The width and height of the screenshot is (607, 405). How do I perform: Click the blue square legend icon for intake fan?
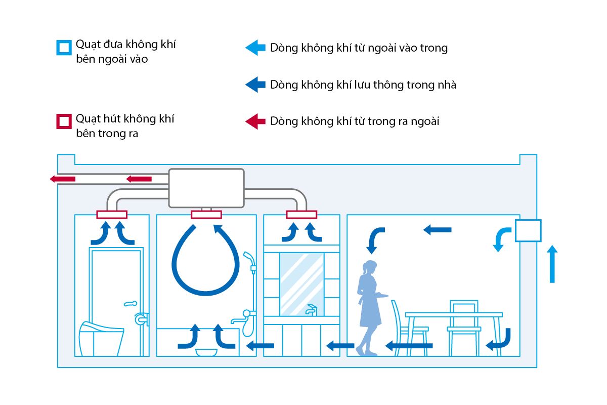tap(64, 48)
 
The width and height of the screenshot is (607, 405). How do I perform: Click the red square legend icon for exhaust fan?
tap(64, 122)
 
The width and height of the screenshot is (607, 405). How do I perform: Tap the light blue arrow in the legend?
tap(255, 48)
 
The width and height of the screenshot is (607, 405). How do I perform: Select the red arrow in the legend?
tap(255, 121)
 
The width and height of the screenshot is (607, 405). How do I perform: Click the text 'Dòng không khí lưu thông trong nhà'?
tap(363, 85)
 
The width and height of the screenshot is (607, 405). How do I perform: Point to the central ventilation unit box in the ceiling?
tap(206, 188)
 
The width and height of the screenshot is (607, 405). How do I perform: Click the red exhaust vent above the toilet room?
tap(112, 215)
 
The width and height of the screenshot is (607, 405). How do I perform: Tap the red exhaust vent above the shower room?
tap(206, 215)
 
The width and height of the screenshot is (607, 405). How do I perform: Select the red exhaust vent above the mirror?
tap(301, 215)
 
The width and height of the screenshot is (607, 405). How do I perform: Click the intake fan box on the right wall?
tap(528, 230)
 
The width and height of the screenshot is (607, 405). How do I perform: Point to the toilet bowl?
tap(102, 337)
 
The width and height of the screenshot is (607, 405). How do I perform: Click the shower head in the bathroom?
tap(249, 258)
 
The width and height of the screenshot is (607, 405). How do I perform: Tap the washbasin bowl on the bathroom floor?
tap(206, 352)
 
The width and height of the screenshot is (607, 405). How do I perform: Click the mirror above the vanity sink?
tap(301, 283)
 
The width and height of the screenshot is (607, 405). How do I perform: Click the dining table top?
tap(454, 314)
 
